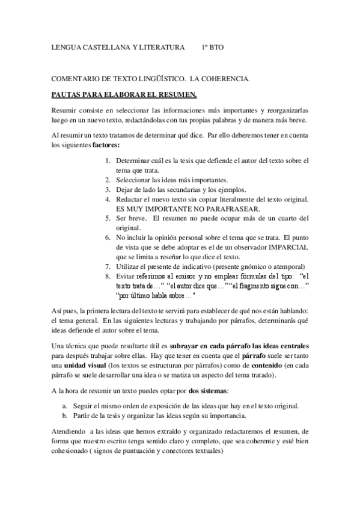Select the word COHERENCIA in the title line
(x=227, y=79)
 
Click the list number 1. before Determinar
(x=108, y=161)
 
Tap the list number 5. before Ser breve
(x=108, y=218)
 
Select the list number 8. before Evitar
(x=108, y=276)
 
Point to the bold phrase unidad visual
(x=85, y=366)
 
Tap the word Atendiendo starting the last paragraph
(x=69, y=432)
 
